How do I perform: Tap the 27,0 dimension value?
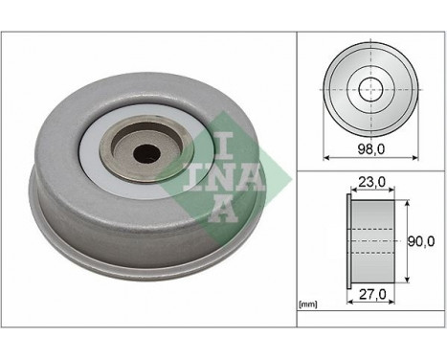tap(369, 296)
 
